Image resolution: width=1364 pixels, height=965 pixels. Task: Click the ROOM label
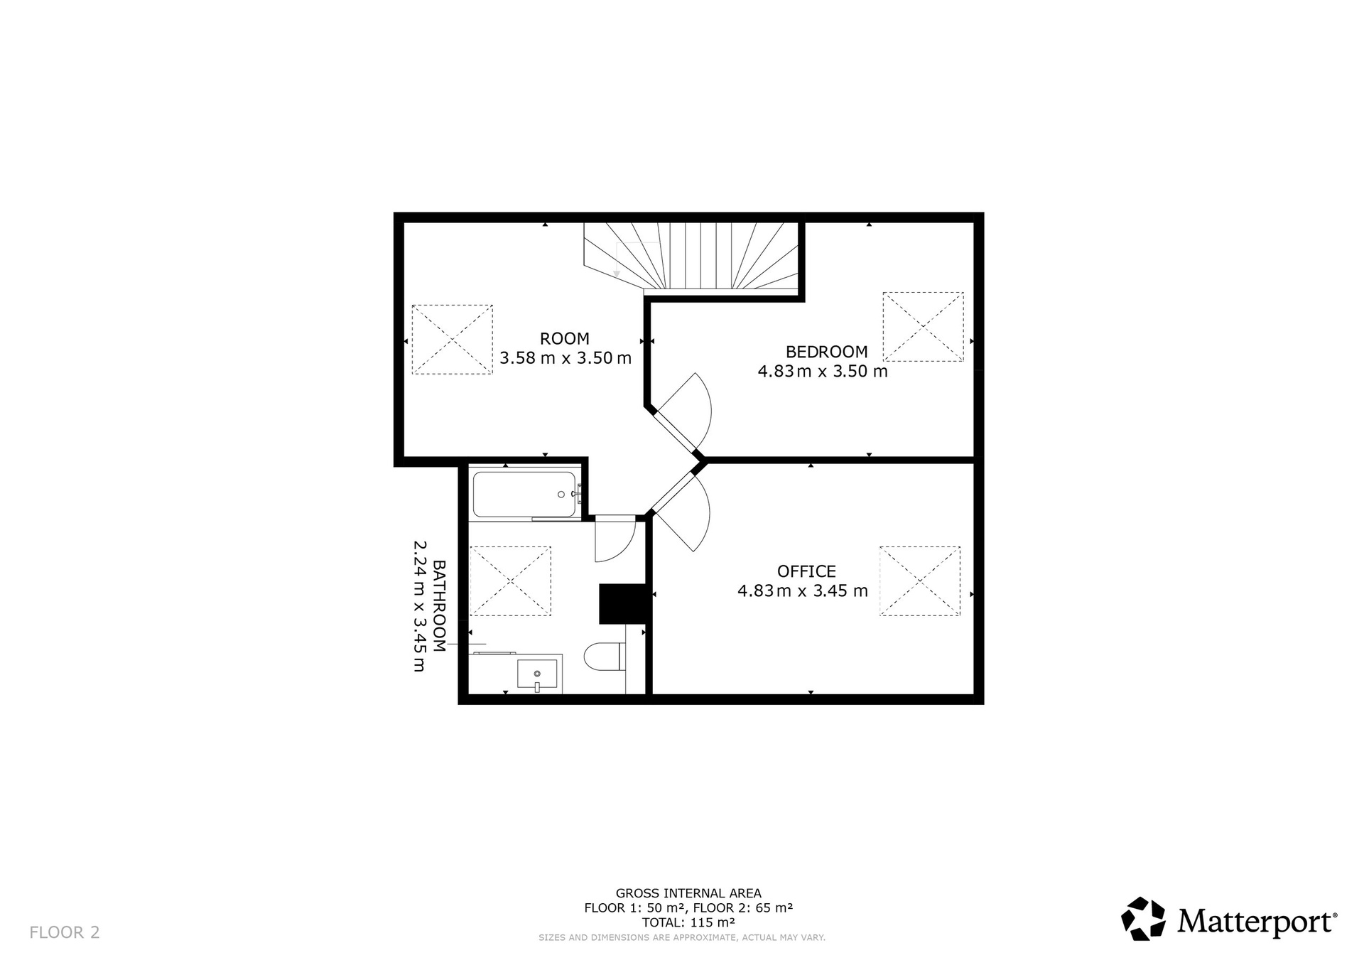pos(565,338)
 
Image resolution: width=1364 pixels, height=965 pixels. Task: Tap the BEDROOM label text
pos(826,351)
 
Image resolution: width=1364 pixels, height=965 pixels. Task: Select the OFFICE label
pos(806,571)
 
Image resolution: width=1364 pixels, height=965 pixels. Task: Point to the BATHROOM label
pos(439,606)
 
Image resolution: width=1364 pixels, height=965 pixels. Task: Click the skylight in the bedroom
pos(923,327)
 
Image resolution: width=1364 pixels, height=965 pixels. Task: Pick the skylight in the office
pos(920,581)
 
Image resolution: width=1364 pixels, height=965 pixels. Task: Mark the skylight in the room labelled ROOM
pos(452,340)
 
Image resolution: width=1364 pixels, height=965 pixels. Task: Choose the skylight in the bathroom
pos(510,581)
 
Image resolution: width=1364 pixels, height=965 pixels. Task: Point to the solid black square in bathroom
pos(622,604)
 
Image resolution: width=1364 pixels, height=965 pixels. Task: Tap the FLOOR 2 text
pos(65,932)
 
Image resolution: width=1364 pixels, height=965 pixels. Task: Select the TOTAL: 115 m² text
pos(688,922)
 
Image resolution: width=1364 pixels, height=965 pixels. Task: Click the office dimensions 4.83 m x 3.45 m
pos(803,591)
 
